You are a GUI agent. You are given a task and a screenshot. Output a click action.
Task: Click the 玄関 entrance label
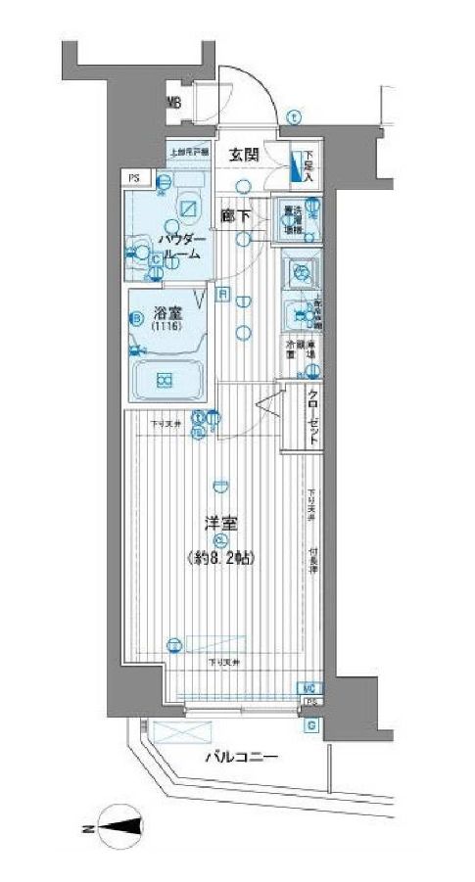pyautogui.click(x=245, y=154)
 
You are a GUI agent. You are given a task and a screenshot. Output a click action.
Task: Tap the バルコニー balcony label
pyautogui.click(x=242, y=757)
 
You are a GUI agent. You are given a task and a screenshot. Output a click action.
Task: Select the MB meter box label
pyautogui.click(x=173, y=101)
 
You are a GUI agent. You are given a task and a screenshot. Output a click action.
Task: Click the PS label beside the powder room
pyautogui.click(x=132, y=177)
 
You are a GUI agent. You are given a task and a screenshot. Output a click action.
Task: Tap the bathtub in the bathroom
pyautogui.click(x=165, y=380)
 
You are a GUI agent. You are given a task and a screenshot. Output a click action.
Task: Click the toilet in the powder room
pyautogui.click(x=188, y=209)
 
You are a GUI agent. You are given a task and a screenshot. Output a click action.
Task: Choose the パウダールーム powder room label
pyautogui.click(x=181, y=247)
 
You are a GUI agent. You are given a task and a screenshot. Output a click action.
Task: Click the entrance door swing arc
pyautogui.click(x=257, y=88)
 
